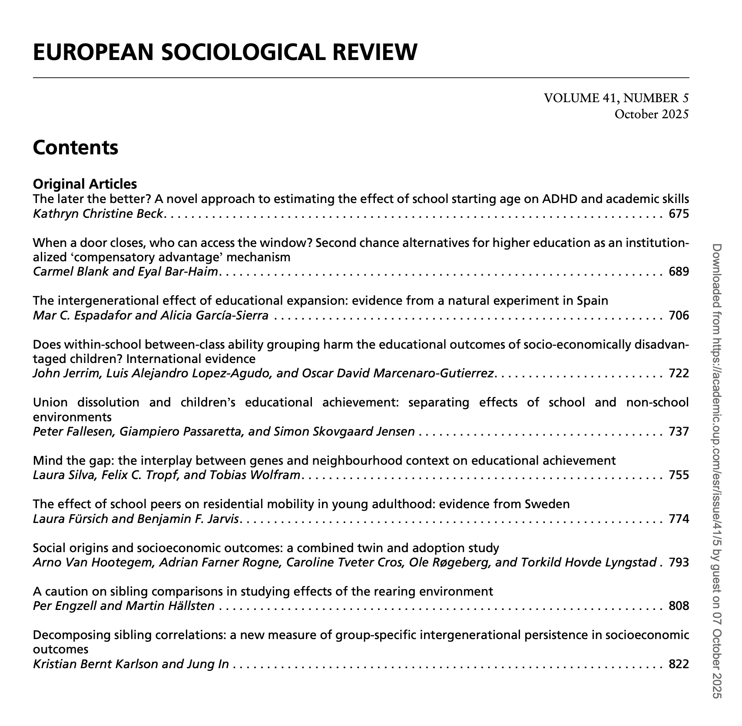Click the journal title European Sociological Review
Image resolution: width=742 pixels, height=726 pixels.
pos(225,52)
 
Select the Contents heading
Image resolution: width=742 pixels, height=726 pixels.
pos(75,147)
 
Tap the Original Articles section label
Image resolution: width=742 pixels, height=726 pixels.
pos(85,184)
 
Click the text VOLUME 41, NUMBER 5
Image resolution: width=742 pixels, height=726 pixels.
pos(616,98)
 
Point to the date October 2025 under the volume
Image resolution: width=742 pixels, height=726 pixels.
pos(651,114)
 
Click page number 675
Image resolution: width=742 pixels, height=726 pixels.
pos(679,213)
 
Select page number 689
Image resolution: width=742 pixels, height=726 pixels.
pos(679,272)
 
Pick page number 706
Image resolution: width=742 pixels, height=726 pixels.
pos(679,315)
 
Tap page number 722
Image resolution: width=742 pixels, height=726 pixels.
pos(679,373)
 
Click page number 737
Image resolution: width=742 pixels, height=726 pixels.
pos(679,432)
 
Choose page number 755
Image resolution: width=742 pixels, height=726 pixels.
pos(679,475)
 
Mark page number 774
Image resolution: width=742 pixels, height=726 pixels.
pos(679,519)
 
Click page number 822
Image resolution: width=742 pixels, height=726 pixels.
pos(679,664)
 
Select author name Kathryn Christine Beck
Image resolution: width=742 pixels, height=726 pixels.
pos(98,213)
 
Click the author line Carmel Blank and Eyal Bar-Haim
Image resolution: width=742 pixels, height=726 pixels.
pos(126,272)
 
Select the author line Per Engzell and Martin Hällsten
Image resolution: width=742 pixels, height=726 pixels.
pos(124,606)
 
